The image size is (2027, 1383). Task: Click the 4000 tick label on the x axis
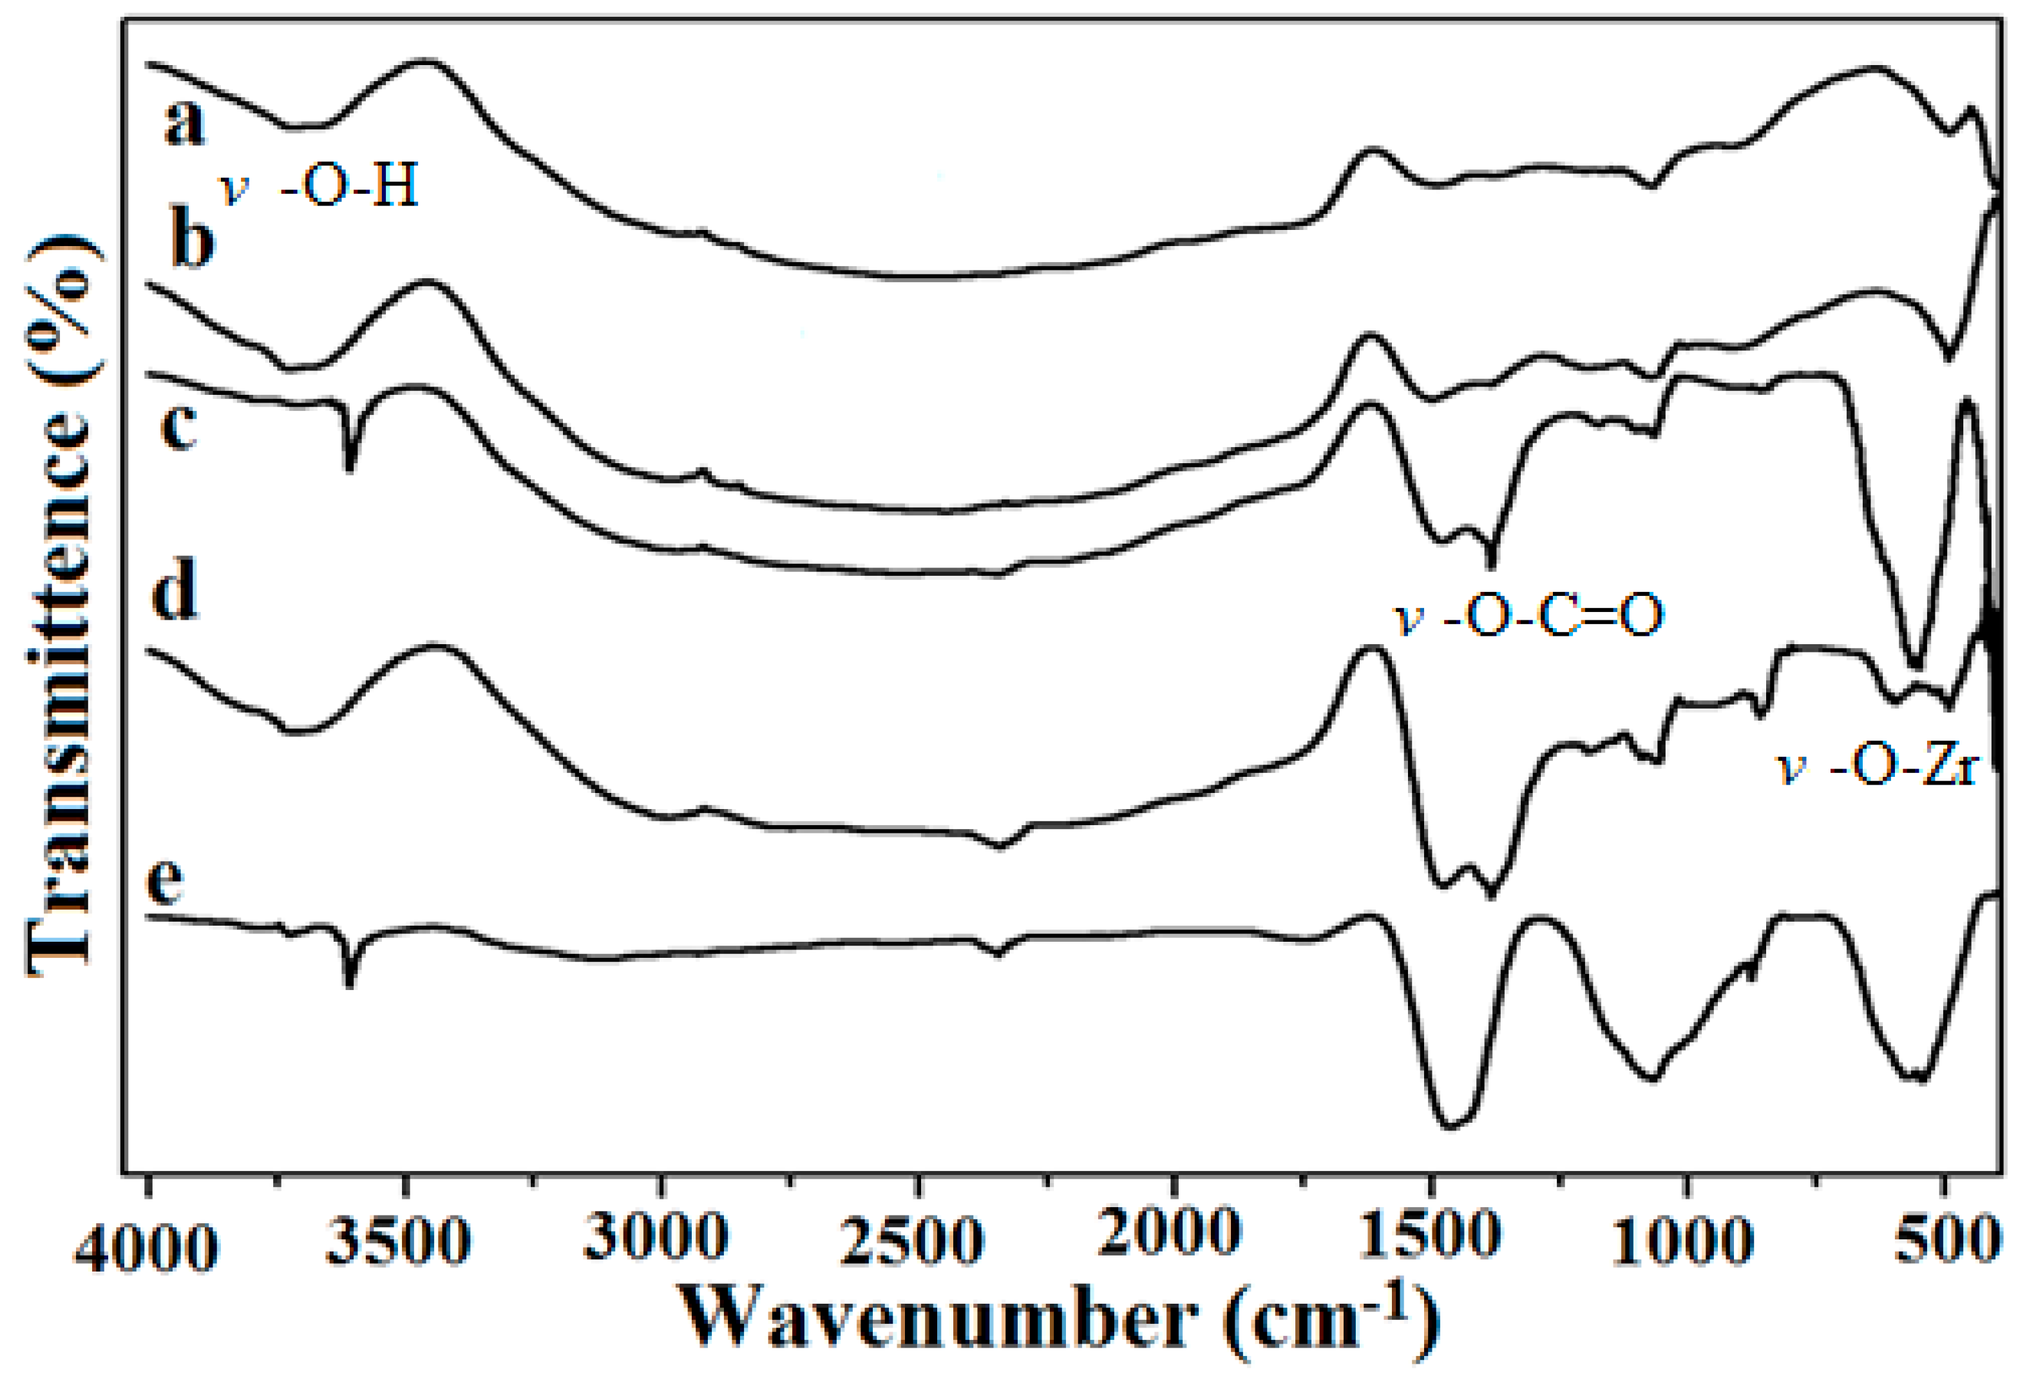coord(146,1247)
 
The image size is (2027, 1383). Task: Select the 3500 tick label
coord(399,1243)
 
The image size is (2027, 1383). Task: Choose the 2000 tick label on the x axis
coord(1169,1235)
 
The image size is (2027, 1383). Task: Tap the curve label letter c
coord(179,426)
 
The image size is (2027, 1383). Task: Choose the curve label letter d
coord(175,593)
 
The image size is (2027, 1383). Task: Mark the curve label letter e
coord(165,882)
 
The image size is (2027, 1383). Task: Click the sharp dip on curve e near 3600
coord(350,984)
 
